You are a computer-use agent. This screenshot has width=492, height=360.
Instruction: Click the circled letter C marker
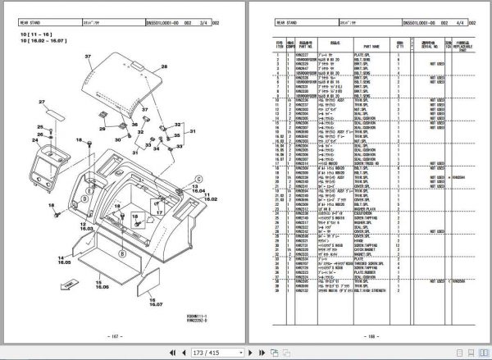click(x=198, y=177)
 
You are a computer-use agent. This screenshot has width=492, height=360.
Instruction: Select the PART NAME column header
click(x=366, y=47)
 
